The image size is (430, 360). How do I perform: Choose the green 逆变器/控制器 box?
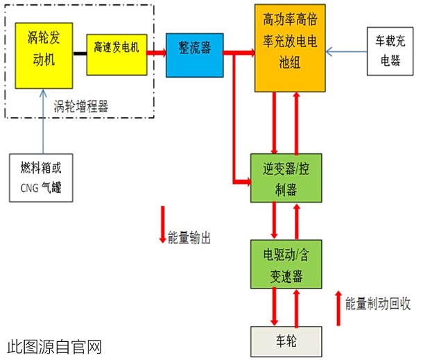point(287,178)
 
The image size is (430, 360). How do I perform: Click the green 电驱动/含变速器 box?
point(287,263)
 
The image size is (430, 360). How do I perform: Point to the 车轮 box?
point(286,341)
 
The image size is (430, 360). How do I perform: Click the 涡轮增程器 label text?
point(81,106)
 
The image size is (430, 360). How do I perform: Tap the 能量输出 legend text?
point(189,237)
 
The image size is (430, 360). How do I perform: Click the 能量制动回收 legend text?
point(379,303)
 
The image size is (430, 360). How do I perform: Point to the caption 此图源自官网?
point(55,345)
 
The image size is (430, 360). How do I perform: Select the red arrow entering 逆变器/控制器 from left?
point(241,182)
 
